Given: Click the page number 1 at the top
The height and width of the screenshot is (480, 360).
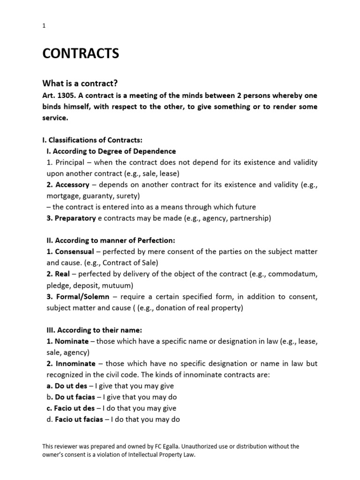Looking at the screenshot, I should (44, 26).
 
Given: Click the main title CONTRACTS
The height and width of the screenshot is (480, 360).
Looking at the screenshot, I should (81, 54).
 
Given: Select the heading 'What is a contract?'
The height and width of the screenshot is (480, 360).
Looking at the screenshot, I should (80, 83).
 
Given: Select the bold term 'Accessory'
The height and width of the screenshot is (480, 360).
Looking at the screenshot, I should (72, 185).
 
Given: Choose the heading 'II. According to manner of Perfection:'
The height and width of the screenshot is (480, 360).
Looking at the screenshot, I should (108, 240).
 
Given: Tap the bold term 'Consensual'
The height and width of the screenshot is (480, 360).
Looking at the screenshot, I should (74, 252).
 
